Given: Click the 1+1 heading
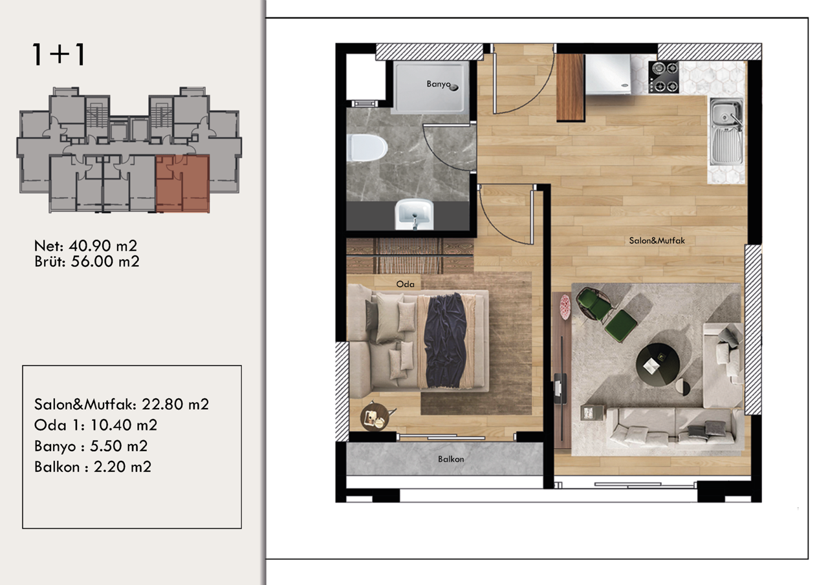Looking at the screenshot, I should click(58, 55).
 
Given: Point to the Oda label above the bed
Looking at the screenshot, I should click(405, 284).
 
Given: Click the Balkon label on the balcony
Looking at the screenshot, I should click(451, 460).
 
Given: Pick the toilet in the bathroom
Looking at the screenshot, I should click(365, 148).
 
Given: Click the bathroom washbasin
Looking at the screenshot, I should click(414, 213).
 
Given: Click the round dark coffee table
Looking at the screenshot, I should click(658, 365).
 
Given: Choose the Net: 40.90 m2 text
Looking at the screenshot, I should click(85, 246).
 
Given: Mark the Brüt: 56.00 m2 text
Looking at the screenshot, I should click(87, 261).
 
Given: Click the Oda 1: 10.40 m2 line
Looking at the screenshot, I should click(96, 425).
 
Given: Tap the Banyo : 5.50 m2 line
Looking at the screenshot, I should click(91, 446).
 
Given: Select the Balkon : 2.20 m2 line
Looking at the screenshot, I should click(93, 467).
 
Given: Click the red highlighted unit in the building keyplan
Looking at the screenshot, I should click(182, 184).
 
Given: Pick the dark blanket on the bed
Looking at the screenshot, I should click(446, 339).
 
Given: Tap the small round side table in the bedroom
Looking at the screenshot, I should click(376, 416).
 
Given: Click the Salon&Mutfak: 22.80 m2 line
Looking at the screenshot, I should click(122, 405).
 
